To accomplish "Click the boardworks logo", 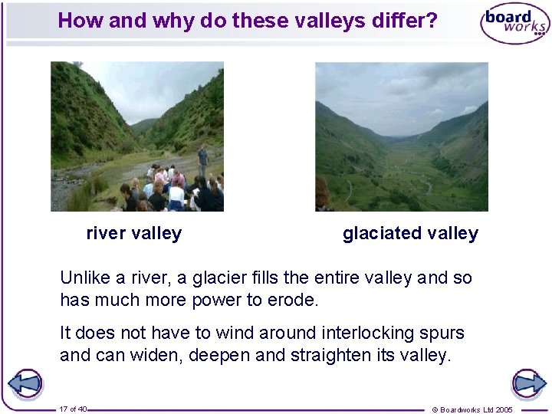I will tap(514, 23).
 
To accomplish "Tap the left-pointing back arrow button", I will tap(25, 384).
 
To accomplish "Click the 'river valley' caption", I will tap(134, 234).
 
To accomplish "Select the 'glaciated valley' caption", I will tap(410, 234).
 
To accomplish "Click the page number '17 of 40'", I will tap(73, 409).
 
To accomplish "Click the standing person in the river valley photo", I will tap(202, 159).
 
